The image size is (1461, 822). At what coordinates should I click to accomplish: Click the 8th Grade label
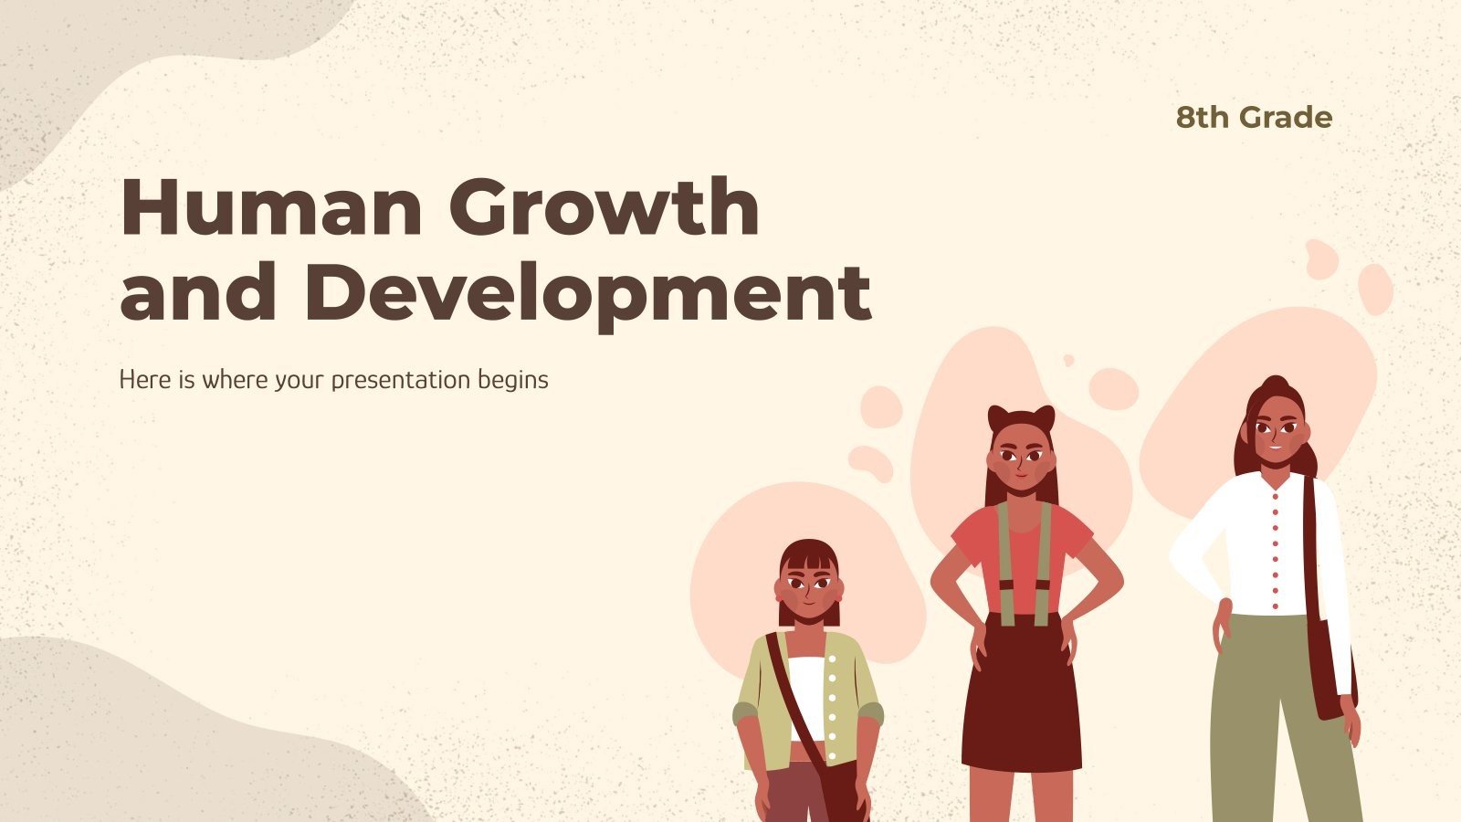1254,118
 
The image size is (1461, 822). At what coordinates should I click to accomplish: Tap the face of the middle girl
1021,458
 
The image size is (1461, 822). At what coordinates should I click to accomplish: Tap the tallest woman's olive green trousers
1278,722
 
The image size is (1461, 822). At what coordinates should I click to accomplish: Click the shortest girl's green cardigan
854,694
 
